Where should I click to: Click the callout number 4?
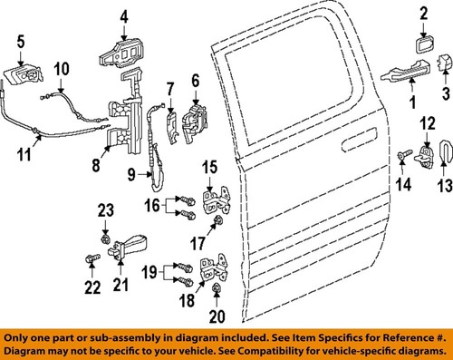click(x=125, y=15)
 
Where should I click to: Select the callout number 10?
click(x=62, y=69)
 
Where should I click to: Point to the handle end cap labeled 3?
click(x=444, y=63)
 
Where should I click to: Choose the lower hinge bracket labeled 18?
click(x=214, y=270)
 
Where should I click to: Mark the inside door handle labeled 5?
click(x=25, y=73)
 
